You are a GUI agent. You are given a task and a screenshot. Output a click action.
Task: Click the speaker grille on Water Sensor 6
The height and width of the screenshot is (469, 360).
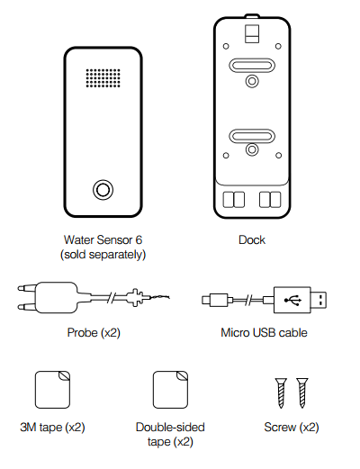click(103, 78)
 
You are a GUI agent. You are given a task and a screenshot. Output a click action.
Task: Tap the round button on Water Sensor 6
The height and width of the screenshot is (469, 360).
click(103, 190)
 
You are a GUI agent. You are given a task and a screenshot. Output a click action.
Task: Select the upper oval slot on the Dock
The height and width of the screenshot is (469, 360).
click(252, 66)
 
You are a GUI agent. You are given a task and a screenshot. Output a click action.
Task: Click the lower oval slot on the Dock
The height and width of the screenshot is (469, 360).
click(252, 136)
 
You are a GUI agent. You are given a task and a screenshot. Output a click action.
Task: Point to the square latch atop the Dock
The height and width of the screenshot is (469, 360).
click(252, 33)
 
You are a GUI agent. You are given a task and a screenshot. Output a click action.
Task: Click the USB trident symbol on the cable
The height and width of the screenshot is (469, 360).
click(292, 300)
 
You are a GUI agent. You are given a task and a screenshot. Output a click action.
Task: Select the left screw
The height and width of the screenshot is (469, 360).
click(281, 392)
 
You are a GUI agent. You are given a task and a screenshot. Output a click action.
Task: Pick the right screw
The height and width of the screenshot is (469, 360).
click(302, 392)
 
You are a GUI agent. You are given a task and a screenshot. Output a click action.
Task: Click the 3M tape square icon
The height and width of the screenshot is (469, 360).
click(52, 390)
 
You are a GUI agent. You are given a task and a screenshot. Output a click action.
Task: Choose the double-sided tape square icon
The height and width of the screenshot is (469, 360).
click(170, 390)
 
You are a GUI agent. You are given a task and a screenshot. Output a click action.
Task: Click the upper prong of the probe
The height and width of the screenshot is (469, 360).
click(26, 289)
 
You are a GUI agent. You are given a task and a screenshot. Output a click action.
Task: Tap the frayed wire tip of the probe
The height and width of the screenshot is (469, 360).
click(160, 297)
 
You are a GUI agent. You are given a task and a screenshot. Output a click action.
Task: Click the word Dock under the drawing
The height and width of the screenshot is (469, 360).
click(252, 240)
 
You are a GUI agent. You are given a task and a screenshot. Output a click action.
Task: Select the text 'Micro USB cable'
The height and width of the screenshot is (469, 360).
click(264, 333)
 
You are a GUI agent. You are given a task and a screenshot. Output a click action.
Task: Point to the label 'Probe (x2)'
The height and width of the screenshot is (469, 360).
click(94, 333)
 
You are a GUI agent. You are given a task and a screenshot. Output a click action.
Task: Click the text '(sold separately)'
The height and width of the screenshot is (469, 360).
click(103, 255)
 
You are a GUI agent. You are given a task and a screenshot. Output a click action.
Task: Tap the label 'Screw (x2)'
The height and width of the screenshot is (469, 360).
click(292, 428)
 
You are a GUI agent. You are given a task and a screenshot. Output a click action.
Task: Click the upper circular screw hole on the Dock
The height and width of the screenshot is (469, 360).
click(252, 81)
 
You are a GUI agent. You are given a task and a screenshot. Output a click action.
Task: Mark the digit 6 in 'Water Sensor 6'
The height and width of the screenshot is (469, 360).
click(139, 240)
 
